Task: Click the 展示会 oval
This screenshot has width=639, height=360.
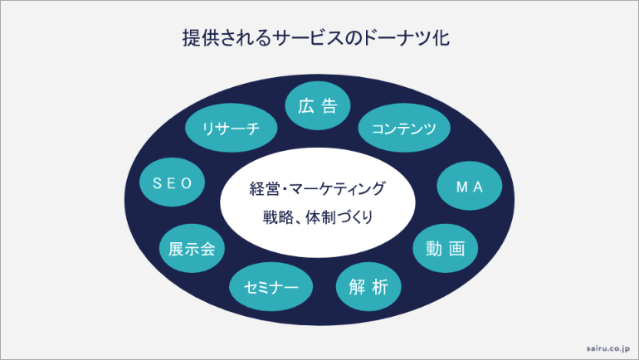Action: [192, 248]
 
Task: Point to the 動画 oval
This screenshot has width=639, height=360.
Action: [446, 247]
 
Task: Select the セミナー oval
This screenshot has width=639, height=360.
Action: [271, 286]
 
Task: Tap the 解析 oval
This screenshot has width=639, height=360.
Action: [368, 286]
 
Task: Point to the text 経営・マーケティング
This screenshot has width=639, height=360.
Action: [318, 189]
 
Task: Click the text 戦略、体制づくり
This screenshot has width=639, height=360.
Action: [318, 219]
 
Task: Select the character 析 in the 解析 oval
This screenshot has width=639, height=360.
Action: [380, 286]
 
